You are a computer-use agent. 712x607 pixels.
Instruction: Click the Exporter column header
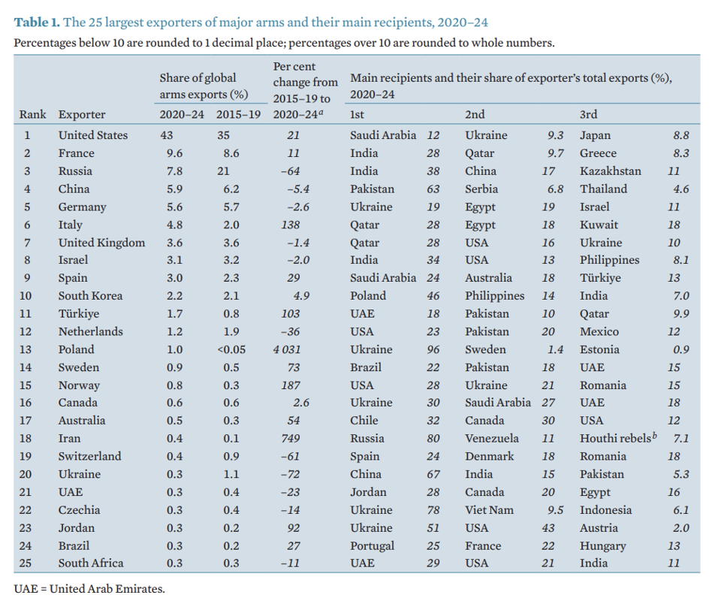point(82,115)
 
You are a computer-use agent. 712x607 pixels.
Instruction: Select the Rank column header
point(33,115)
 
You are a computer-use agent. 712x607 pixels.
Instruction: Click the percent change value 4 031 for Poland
point(285,349)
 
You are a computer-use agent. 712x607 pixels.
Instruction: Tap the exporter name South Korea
point(90,296)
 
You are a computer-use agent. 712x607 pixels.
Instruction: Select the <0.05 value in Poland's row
point(234,349)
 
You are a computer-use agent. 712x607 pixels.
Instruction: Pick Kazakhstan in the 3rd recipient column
point(611,171)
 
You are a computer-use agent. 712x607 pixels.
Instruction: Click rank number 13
point(28,349)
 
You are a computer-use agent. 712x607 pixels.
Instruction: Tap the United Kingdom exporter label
point(101,243)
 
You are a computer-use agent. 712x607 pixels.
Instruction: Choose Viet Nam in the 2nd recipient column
point(490,510)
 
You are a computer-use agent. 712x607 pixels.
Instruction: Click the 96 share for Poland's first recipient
point(433,349)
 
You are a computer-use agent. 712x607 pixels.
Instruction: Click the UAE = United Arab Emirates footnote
point(89,588)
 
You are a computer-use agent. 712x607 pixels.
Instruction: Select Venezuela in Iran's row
point(492,439)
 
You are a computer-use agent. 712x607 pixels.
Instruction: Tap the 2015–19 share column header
point(238,115)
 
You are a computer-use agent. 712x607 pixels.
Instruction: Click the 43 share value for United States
point(167,135)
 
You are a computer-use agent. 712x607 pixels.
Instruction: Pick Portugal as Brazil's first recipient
point(373,546)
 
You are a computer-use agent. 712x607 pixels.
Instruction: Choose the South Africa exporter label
point(91,563)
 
